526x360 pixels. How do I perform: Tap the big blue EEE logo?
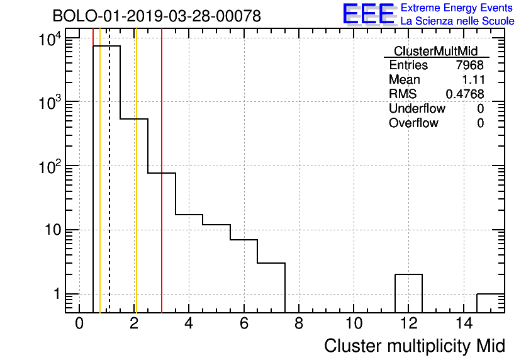pos(369,14)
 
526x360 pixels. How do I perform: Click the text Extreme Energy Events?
pos(457,8)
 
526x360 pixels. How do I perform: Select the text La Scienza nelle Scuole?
pos(457,21)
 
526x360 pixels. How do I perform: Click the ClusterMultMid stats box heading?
pos(435,51)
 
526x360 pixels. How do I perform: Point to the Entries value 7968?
pos(470,65)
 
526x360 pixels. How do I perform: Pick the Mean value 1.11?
pos(473,80)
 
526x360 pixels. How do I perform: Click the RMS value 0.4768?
pos(465,94)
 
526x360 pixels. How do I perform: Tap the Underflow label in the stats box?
pos(417,108)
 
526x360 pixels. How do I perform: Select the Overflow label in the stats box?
pos(413,123)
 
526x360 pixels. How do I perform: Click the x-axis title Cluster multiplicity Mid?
pos(414,346)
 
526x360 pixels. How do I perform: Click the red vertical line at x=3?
pos(162,189)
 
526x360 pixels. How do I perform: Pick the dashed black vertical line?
pos(109,189)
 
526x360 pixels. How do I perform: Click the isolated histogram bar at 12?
pos(408,293)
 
